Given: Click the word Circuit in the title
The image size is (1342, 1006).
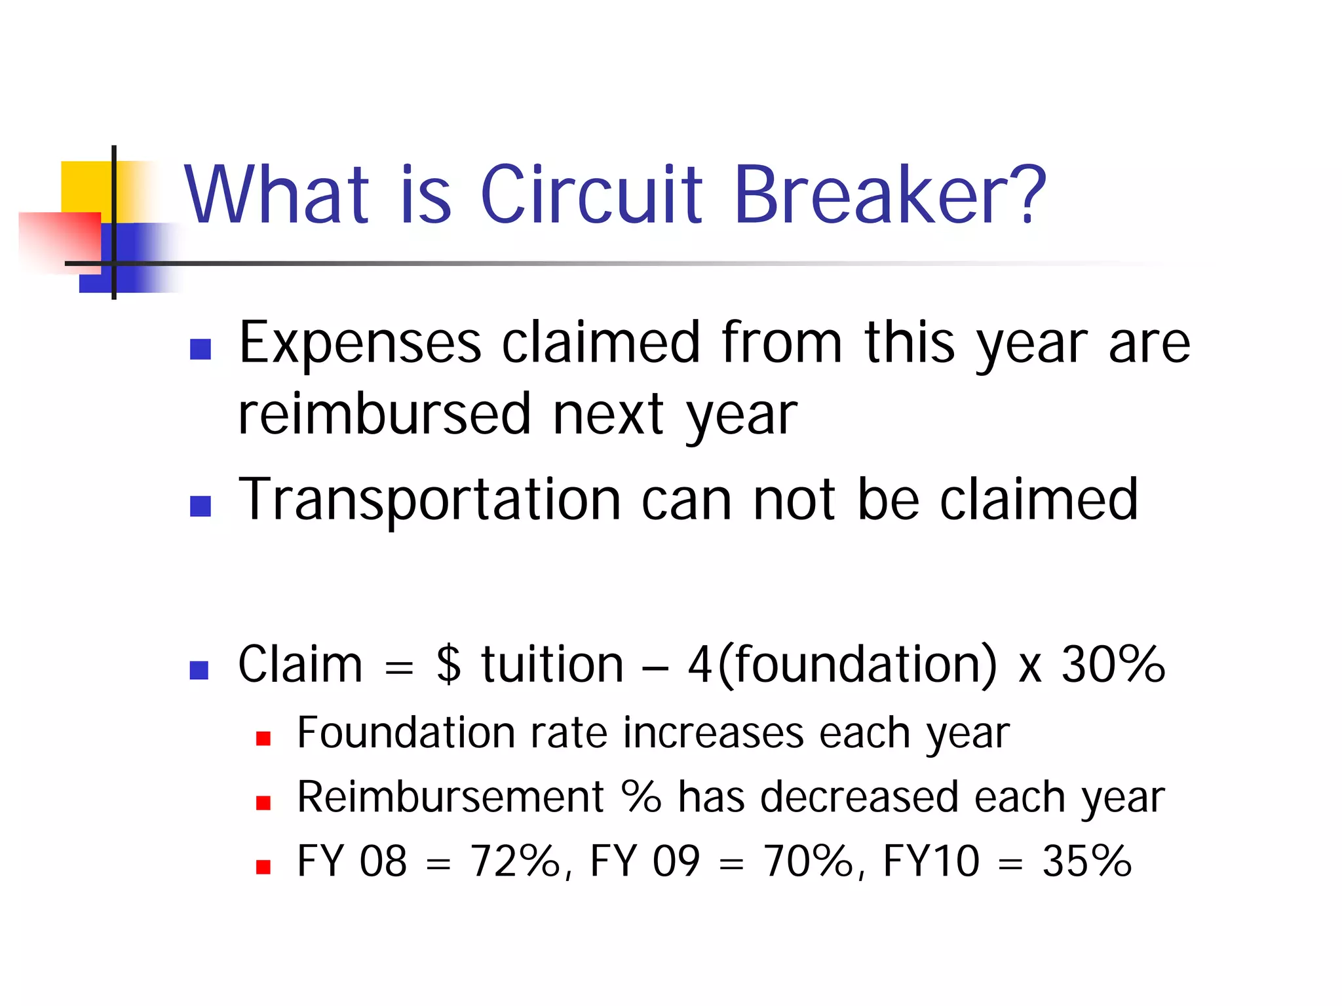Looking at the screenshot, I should [591, 195].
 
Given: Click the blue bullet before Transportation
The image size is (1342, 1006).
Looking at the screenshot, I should [200, 506].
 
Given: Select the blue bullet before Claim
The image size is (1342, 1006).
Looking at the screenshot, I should [199, 669].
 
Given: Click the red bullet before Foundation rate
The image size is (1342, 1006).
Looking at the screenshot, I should [263, 739].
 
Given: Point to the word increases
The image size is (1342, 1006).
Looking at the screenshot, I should [714, 733].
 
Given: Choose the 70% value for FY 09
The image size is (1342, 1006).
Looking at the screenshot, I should [809, 861].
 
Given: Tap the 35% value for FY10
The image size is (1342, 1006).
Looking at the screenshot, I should [1087, 861].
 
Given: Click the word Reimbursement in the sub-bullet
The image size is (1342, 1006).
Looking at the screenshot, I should [451, 797].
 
